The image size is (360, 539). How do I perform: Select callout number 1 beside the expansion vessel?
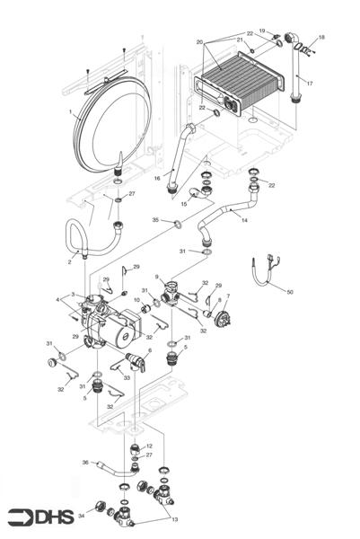(69, 112)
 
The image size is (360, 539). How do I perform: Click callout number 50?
(289, 292)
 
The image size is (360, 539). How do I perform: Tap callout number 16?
(156, 179)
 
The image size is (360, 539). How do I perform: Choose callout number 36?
(85, 463)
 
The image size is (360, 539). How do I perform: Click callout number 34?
(81, 516)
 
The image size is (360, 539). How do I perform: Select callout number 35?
(155, 219)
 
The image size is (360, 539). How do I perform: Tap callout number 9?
(156, 278)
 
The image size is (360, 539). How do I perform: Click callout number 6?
(149, 350)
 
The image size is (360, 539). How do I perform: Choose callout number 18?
(322, 38)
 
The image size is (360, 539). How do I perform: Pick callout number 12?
(149, 446)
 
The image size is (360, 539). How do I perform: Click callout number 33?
(127, 378)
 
